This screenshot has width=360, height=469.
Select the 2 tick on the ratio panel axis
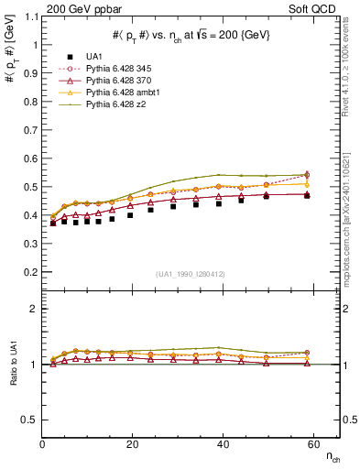coord(34,309)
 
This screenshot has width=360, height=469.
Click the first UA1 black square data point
coord(53,223)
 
